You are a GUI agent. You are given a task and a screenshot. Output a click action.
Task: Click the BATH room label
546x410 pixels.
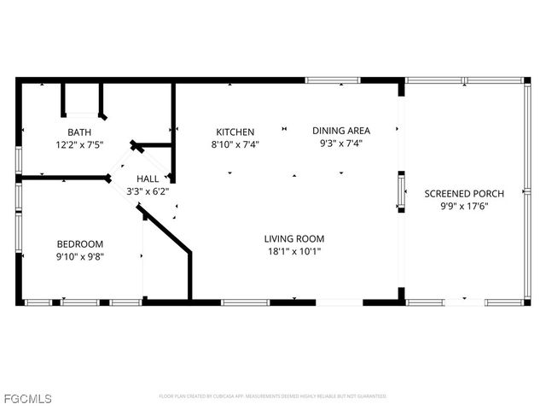pos(79,132)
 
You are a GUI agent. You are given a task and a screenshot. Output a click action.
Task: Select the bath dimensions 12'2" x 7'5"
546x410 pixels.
pos(79,145)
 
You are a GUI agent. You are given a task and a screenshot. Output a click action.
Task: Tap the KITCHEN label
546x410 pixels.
pos(235,132)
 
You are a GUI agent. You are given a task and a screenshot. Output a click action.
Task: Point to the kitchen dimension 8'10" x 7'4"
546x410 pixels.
pos(235,145)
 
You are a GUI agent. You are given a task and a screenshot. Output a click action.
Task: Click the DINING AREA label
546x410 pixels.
pos(341,131)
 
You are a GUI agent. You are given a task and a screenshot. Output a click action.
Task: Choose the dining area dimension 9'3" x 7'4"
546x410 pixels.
pos(341,143)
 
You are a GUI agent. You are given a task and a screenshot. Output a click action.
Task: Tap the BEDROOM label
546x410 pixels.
pos(79,243)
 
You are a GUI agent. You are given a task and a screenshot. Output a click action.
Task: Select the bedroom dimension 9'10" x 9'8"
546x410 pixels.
pos(79,255)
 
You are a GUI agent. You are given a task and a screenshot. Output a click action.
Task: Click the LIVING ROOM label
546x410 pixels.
pos(293,239)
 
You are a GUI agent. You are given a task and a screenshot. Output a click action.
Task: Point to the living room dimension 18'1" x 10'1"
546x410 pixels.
pos(293,252)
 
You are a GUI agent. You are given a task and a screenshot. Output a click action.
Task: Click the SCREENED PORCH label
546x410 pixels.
pos(464,194)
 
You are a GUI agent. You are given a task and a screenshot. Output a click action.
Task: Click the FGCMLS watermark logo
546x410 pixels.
pos(26,399)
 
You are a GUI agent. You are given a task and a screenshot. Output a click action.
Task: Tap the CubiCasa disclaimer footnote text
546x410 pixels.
pos(273,396)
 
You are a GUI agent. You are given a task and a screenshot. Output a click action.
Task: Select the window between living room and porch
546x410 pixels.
pos(400,190)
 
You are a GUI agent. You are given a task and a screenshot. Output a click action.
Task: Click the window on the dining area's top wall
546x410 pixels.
pos(333,80)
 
